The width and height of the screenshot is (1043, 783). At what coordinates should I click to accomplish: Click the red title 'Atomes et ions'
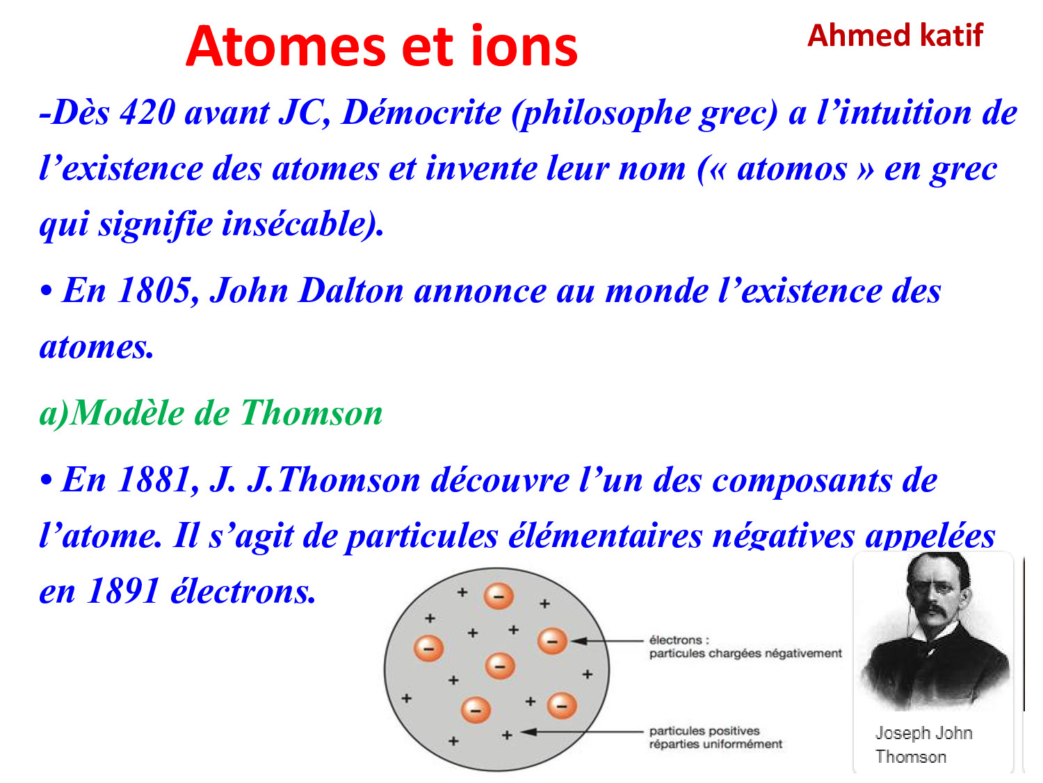click(x=381, y=47)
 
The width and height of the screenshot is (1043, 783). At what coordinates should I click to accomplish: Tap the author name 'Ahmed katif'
click(x=894, y=35)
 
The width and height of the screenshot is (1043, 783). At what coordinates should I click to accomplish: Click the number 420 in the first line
click(x=147, y=113)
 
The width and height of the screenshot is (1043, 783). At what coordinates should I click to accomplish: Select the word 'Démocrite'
click(x=421, y=113)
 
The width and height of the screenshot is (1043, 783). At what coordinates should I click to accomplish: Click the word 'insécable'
click(x=293, y=223)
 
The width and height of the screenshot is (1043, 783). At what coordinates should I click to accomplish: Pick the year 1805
click(x=154, y=290)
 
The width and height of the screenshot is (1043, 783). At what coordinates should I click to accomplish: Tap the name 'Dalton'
click(x=350, y=290)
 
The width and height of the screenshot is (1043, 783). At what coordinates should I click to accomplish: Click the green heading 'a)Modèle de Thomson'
click(x=211, y=413)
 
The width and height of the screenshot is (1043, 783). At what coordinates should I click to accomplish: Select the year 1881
click(x=154, y=480)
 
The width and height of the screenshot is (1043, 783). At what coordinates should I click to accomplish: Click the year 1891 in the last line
click(x=123, y=591)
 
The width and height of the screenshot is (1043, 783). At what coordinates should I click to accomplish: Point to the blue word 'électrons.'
click(x=243, y=591)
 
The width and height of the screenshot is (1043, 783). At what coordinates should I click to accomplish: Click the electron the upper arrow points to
click(x=551, y=640)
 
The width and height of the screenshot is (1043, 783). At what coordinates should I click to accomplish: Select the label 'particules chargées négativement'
click(x=745, y=654)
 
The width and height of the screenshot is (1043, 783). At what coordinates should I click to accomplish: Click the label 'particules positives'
click(x=704, y=730)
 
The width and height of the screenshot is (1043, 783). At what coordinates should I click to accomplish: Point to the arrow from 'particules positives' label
click(x=581, y=731)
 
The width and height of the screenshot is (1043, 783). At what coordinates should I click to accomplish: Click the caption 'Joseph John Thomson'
click(x=923, y=745)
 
